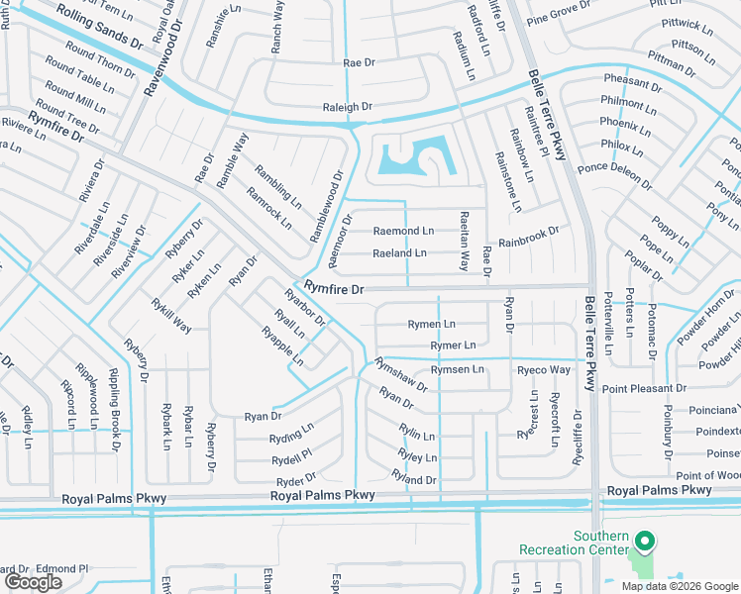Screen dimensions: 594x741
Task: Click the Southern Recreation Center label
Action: click(574, 543)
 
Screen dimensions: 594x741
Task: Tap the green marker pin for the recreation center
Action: click(644, 542)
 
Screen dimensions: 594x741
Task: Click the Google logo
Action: click(33, 582)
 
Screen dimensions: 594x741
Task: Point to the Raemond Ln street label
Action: click(403, 231)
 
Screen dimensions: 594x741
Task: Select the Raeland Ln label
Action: click(399, 253)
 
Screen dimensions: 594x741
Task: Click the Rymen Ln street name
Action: click(432, 324)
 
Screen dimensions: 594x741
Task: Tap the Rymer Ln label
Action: click(453, 346)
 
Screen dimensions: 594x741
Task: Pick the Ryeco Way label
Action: click(544, 370)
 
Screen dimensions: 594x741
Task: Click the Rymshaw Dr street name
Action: click(400, 374)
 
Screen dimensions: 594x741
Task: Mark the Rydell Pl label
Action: click(292, 456)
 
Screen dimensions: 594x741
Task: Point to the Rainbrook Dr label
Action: click(528, 238)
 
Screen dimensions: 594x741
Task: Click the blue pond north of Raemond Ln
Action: click(410, 159)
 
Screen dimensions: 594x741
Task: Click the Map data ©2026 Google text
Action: click(680, 585)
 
